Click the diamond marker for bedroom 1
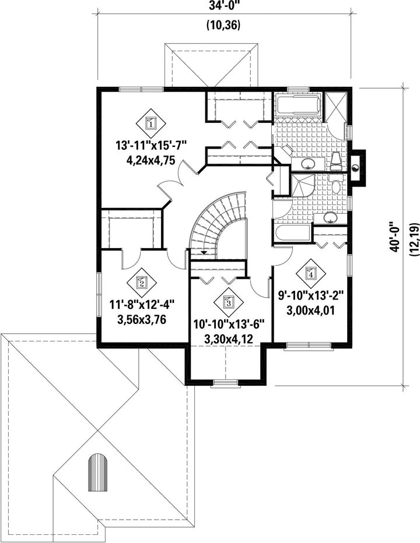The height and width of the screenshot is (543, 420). point(150,123)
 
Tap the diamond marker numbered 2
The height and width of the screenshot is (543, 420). point(142,283)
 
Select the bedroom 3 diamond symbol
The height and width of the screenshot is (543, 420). point(228,302)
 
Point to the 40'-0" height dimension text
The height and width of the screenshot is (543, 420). point(395,237)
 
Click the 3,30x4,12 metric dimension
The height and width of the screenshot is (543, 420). point(229,340)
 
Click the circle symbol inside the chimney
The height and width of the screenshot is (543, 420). point(356,168)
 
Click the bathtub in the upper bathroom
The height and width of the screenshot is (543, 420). point(299,105)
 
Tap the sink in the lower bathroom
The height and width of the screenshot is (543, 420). point(330,218)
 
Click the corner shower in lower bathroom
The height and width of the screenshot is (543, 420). point(303,185)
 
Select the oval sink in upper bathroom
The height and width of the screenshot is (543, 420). point(307,164)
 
